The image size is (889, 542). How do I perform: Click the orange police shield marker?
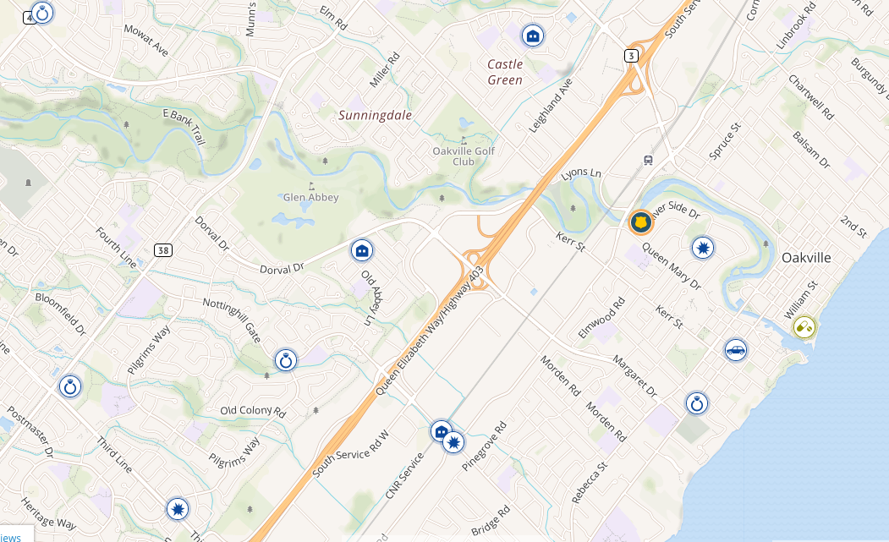[x=641, y=222]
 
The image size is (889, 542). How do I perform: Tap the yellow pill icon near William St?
[x=804, y=326]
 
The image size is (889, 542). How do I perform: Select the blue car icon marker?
[x=736, y=350]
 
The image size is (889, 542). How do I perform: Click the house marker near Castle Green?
[x=533, y=36]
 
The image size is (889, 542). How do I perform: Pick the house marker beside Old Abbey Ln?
[x=362, y=250]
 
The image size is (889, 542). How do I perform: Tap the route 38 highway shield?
[x=163, y=249]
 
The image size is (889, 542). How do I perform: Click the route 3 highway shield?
[x=631, y=55]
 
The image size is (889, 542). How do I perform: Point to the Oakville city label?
[x=806, y=258]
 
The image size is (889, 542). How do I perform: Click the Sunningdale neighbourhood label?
[x=376, y=114]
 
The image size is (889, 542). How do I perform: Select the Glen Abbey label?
[x=310, y=197]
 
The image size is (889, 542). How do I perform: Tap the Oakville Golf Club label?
[x=463, y=156]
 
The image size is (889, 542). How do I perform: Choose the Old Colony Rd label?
[x=253, y=411]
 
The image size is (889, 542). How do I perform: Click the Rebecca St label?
[x=589, y=483]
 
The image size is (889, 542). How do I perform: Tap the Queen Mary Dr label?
[x=671, y=266]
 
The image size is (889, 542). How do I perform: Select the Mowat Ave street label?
[x=145, y=40]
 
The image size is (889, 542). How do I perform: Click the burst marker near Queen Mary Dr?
[x=703, y=248]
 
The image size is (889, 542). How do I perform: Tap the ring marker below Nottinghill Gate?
[x=286, y=361]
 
